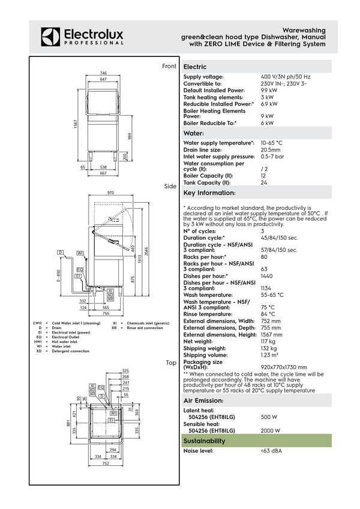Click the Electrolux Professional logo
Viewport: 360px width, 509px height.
point(82,36)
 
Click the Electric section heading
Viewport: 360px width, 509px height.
point(195,67)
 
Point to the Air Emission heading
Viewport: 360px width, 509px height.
point(203,400)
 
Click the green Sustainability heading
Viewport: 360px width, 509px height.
point(205,441)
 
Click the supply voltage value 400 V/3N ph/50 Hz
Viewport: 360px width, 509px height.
point(286,77)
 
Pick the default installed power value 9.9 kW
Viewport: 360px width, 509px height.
point(268,90)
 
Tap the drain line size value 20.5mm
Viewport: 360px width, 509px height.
point(271,150)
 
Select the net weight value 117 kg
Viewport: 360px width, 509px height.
point(268,341)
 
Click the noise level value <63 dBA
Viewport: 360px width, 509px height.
point(271,451)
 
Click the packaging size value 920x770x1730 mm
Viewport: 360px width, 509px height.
point(284,367)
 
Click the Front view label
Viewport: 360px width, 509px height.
point(169,66)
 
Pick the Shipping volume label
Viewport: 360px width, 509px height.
point(205,354)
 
